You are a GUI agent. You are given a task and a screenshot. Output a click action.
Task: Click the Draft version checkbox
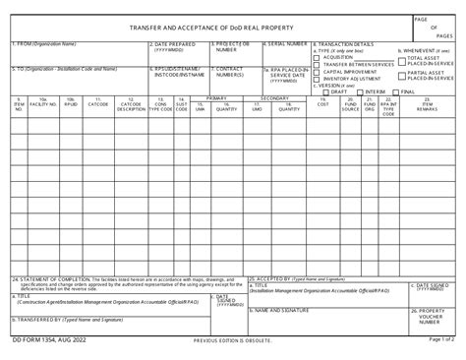[326, 91]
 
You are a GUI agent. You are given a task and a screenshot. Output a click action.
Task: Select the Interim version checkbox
[360, 91]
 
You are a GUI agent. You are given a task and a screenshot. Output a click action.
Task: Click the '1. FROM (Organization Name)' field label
[44, 44]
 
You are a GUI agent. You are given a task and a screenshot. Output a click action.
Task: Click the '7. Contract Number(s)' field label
[229, 72]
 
